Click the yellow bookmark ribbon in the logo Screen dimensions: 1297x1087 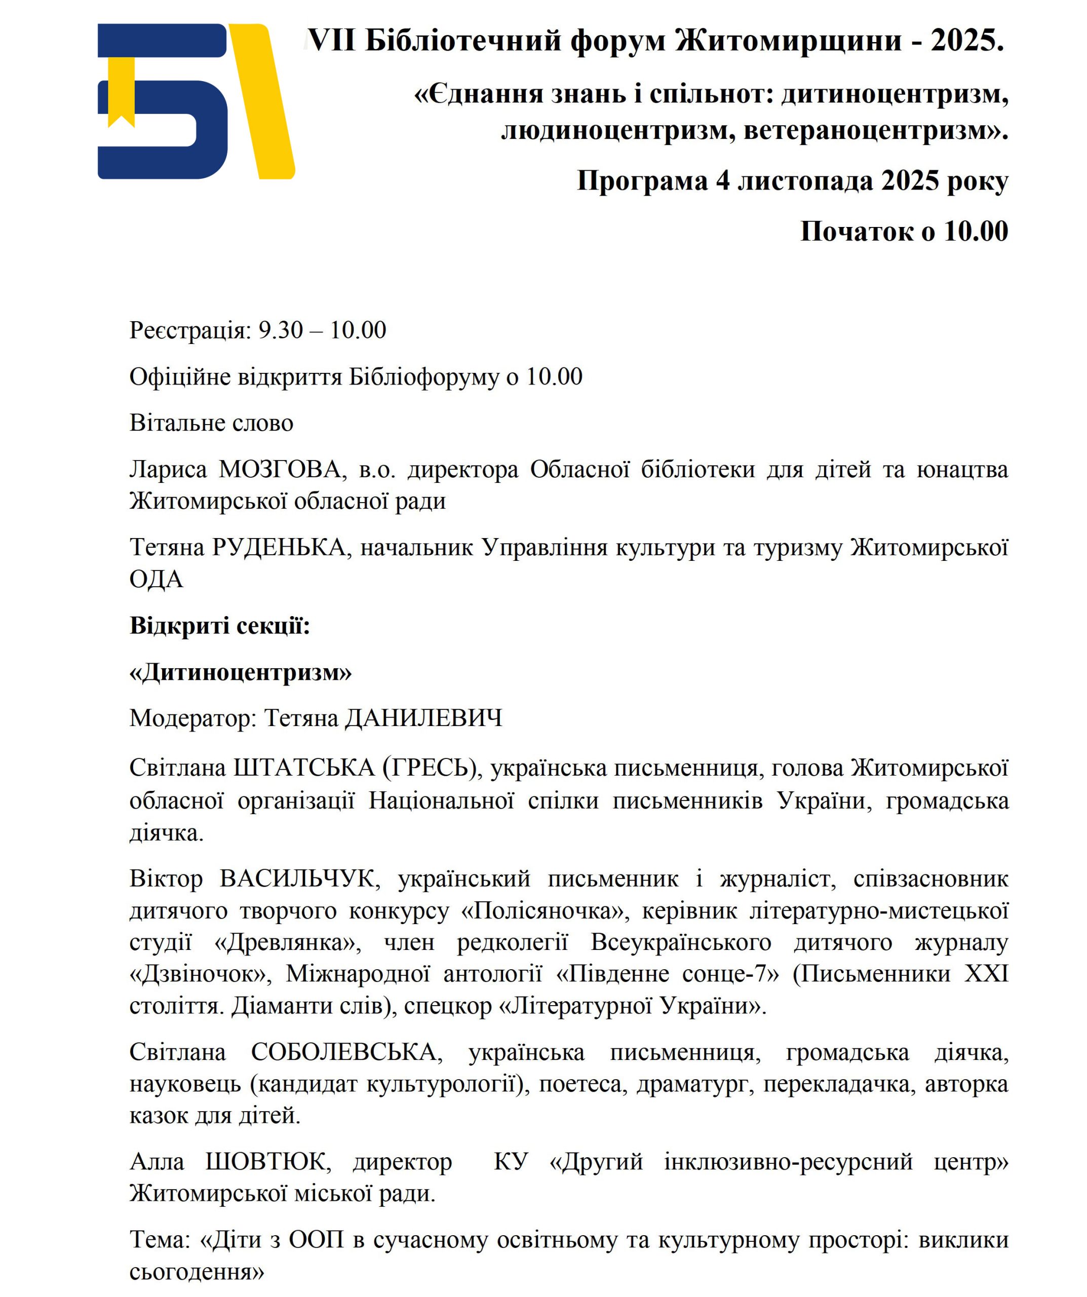point(121,90)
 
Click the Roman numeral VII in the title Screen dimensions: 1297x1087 point(332,41)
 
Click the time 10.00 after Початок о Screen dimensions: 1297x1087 point(976,232)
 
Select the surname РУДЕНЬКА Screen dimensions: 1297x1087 point(279,548)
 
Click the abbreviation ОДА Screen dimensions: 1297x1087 point(156,579)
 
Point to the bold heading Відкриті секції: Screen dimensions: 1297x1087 point(219,626)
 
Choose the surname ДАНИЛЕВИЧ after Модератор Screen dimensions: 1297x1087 point(423,718)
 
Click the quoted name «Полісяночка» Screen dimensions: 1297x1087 point(546,911)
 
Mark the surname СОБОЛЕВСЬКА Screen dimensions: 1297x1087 point(346,1052)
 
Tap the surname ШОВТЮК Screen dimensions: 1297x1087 point(268,1162)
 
